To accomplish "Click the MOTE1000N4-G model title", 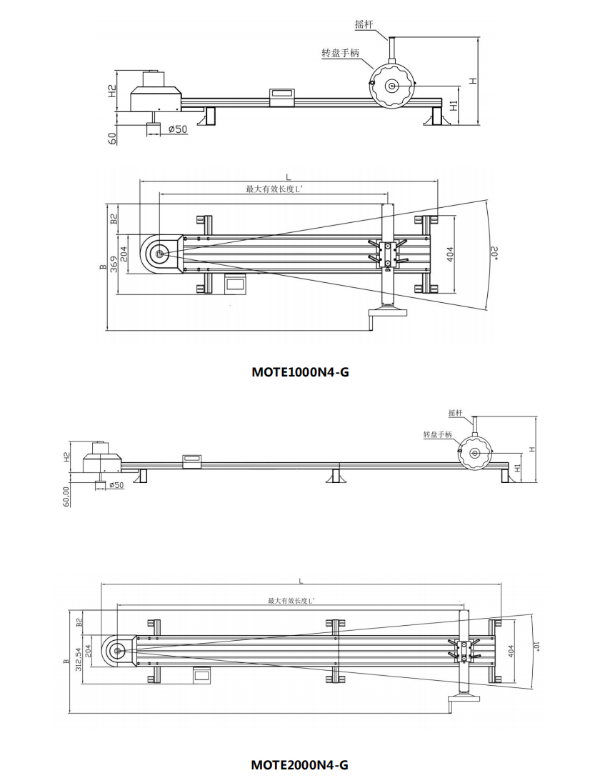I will point(300,371).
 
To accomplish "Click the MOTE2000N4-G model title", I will point(300,764).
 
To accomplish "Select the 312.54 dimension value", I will point(78,650).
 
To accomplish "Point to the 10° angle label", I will point(536,647).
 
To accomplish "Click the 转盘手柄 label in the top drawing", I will point(340,54).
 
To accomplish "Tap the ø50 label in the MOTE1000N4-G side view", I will point(177,129).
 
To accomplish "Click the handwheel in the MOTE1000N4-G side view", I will point(391,86).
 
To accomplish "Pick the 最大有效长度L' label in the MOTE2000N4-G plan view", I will point(296,602).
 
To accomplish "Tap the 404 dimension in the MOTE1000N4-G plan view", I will point(450,254).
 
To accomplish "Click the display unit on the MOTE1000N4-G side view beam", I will point(282,94).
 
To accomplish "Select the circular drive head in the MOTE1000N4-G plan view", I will point(159,254).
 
